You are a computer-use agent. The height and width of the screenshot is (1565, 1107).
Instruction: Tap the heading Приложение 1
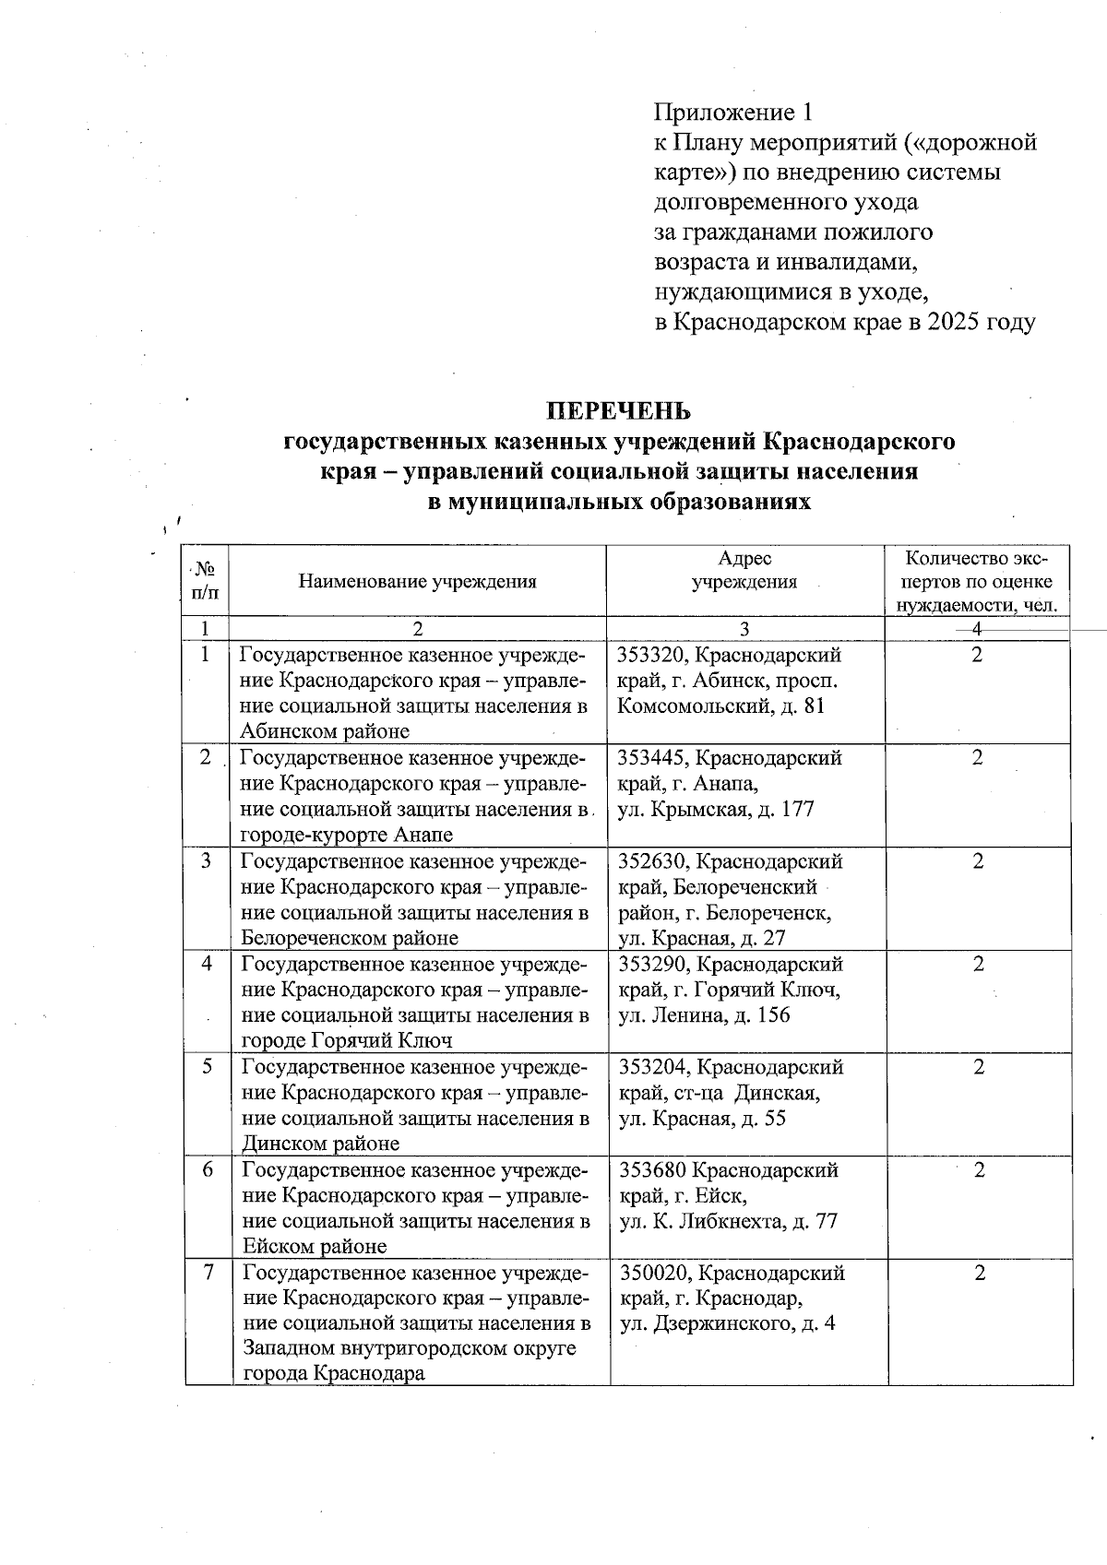point(733,113)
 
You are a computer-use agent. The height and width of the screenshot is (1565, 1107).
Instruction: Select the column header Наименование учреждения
point(417,581)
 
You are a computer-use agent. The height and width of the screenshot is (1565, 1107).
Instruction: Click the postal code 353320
point(650,656)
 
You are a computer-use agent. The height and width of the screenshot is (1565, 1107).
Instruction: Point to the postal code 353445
point(651,758)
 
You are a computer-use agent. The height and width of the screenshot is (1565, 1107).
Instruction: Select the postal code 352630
point(651,861)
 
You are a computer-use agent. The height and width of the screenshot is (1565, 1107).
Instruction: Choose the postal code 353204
point(652,1068)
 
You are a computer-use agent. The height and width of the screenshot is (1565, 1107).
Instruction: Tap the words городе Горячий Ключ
point(347,1041)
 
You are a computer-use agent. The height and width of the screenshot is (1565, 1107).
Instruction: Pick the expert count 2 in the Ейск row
point(980,1170)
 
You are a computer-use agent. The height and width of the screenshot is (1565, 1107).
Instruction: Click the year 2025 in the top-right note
point(960,322)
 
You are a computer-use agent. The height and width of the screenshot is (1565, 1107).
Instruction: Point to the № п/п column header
point(205,581)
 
